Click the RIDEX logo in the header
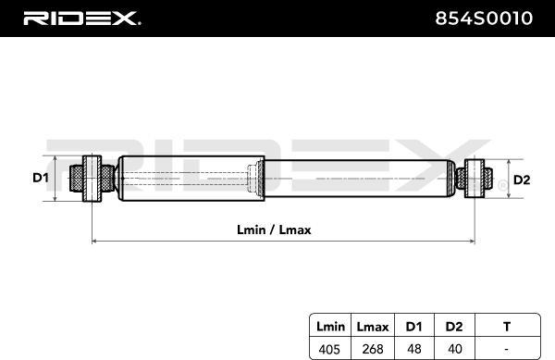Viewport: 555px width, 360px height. click(x=81, y=19)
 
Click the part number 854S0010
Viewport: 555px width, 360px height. click(x=484, y=19)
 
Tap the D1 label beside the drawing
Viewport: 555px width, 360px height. click(x=41, y=178)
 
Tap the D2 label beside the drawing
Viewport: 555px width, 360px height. click(x=522, y=180)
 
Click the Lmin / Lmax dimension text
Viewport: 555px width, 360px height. click(x=274, y=230)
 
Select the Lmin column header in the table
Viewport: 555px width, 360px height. click(x=330, y=327)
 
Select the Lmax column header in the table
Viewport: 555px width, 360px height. click(x=373, y=327)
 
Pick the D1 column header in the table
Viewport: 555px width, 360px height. click(x=413, y=327)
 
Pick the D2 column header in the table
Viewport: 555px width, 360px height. click(x=454, y=327)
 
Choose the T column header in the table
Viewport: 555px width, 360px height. click(x=507, y=327)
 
